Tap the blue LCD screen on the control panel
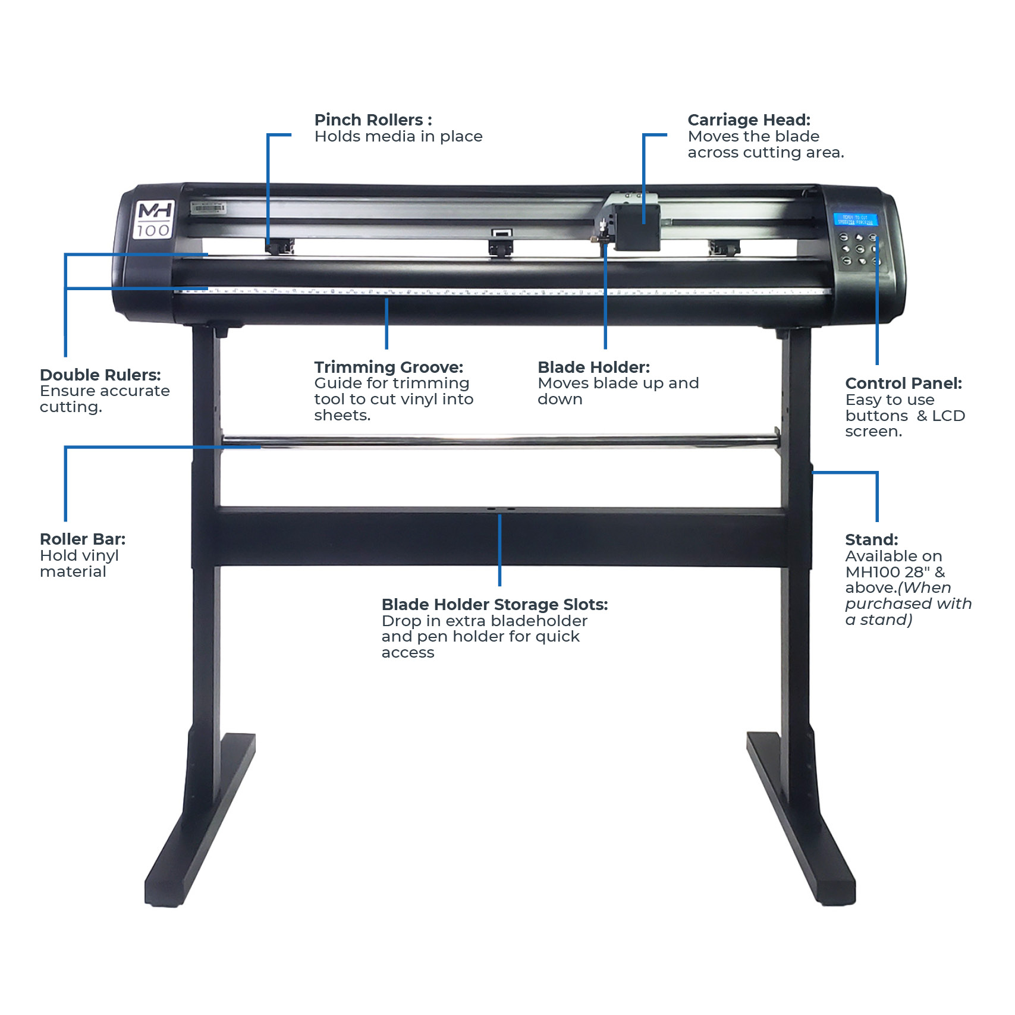(x=854, y=219)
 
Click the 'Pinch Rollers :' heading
(x=373, y=120)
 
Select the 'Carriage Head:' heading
(x=749, y=120)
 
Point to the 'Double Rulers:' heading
(x=100, y=375)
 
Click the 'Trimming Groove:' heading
(x=388, y=367)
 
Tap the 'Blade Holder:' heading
(x=593, y=367)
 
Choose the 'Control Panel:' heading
(x=903, y=384)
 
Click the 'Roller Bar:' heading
(x=83, y=539)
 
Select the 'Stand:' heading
(x=871, y=540)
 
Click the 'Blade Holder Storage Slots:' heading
(x=494, y=605)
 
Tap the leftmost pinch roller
(x=279, y=246)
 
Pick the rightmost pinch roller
(x=724, y=247)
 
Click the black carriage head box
(x=637, y=227)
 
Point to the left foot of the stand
(x=199, y=827)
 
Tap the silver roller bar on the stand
(x=499, y=441)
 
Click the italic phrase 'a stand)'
(x=878, y=620)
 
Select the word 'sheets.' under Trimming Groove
(x=342, y=416)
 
